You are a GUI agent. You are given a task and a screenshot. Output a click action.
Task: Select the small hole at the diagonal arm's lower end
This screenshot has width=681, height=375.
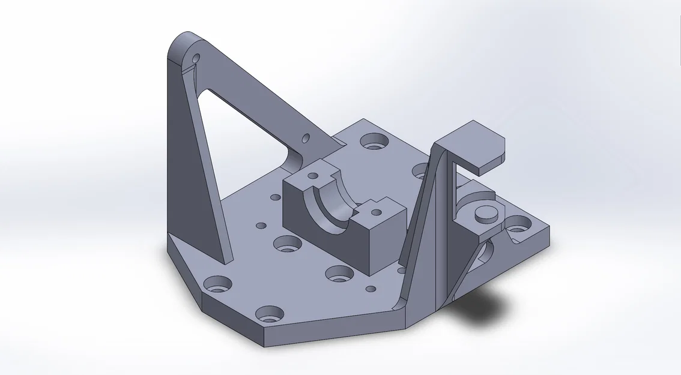(306, 138)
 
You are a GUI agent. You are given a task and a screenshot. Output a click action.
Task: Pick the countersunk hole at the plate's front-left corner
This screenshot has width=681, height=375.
(217, 283)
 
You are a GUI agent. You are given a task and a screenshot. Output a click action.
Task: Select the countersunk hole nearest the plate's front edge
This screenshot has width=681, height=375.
(268, 314)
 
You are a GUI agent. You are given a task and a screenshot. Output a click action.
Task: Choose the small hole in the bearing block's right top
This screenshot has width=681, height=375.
(377, 210)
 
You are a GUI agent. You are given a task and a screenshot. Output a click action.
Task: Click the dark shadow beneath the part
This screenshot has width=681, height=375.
(480, 306)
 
